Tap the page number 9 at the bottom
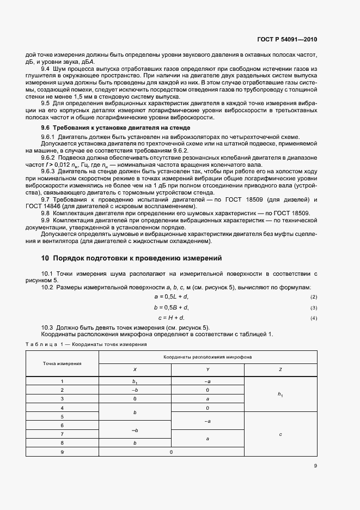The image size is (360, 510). pos(315,465)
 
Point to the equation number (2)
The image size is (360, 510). pos(313,297)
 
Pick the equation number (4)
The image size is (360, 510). pos(313,318)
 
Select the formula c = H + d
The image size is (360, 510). pos(172,318)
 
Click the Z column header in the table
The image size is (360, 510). pos(280,370)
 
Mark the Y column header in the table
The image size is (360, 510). pos(208,370)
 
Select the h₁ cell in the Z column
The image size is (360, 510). pos(280,394)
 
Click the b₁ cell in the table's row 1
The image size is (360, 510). pos(135,381)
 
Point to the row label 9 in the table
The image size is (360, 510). pos(62,452)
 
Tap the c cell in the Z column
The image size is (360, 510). pos(280,434)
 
